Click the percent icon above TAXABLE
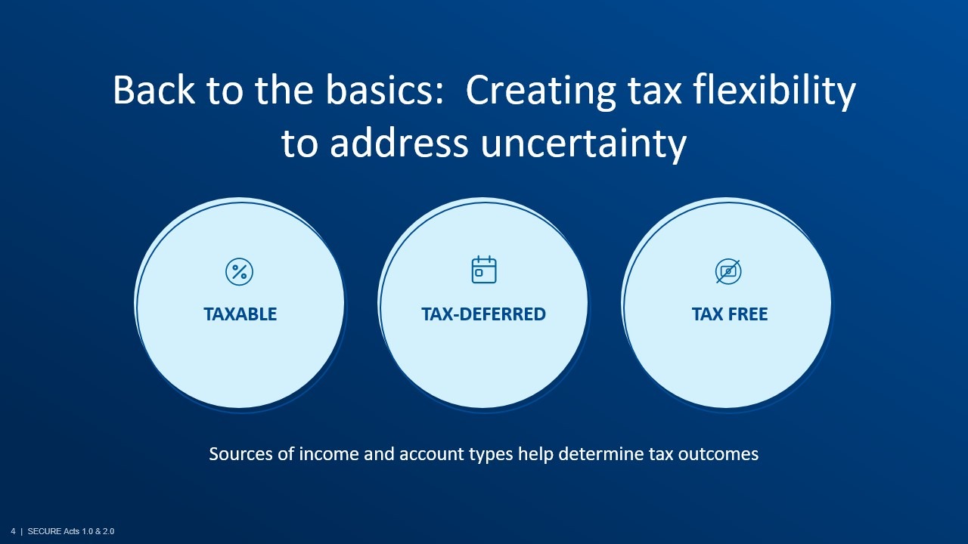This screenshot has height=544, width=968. tap(240, 271)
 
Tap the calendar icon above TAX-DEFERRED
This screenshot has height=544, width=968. tap(484, 270)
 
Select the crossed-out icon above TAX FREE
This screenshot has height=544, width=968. tap(728, 271)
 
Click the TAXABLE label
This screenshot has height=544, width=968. tap(240, 314)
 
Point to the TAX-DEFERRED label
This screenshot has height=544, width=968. tap(483, 314)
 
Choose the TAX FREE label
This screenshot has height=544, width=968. tap(730, 314)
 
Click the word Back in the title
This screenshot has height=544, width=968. tap(154, 90)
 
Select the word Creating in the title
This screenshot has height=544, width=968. tap(541, 91)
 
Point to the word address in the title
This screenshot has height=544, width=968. tap(399, 143)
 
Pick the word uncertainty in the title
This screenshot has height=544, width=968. tap(583, 144)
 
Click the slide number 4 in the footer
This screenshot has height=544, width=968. tap(13, 531)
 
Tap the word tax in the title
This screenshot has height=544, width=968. tap(655, 91)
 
